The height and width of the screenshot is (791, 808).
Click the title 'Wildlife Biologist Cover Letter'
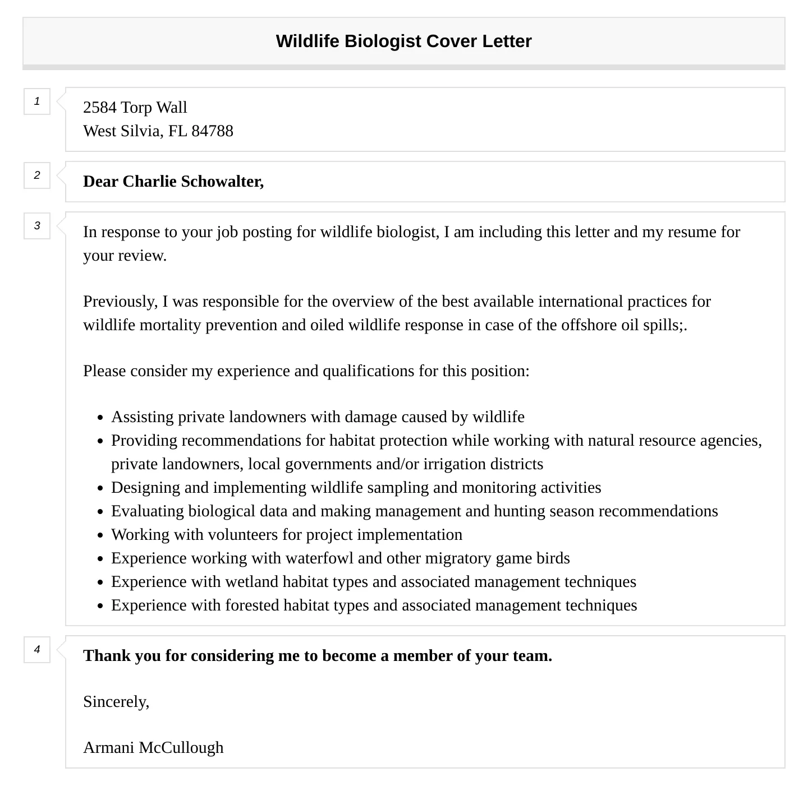click(403, 41)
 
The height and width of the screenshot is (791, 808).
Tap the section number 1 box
click(37, 101)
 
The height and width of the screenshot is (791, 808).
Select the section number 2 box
click(37, 175)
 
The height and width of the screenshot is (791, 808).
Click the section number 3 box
click(37, 226)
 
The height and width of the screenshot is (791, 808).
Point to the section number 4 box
click(37, 650)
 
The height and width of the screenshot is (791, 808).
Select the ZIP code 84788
click(212, 131)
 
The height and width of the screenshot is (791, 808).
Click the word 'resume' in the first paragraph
click(692, 232)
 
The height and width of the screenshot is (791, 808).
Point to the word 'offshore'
click(589, 325)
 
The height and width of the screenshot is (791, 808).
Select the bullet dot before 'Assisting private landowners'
click(100, 418)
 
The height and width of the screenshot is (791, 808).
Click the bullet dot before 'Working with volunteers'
click(100, 535)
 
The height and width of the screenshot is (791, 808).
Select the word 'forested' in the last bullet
click(252, 605)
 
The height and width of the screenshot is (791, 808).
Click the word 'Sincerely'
click(115, 701)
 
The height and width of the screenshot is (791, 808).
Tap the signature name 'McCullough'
click(181, 747)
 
